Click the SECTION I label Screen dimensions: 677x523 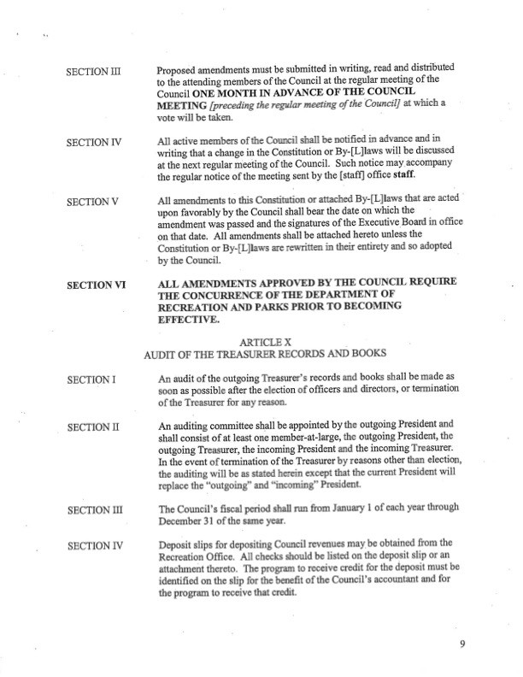point(90,379)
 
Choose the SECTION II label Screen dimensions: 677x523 point(91,427)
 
